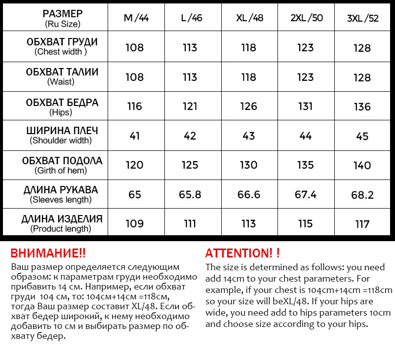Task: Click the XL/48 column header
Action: (x=249, y=18)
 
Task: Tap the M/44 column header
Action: (x=135, y=18)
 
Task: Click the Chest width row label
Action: (x=62, y=46)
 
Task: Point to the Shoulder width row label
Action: (x=62, y=135)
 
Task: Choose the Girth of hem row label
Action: (x=62, y=165)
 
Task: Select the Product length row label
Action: (x=62, y=223)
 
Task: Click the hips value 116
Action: (x=135, y=107)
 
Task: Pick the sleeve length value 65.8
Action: (x=190, y=195)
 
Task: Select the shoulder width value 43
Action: (x=248, y=136)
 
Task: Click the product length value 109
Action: (x=135, y=224)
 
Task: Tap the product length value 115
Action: (x=306, y=224)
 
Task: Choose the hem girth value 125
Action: (x=190, y=165)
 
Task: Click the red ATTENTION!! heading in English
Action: (x=242, y=253)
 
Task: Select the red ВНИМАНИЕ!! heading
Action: (x=48, y=253)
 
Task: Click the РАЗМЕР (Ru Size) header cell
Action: (x=62, y=18)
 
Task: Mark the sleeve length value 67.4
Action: (x=306, y=195)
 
